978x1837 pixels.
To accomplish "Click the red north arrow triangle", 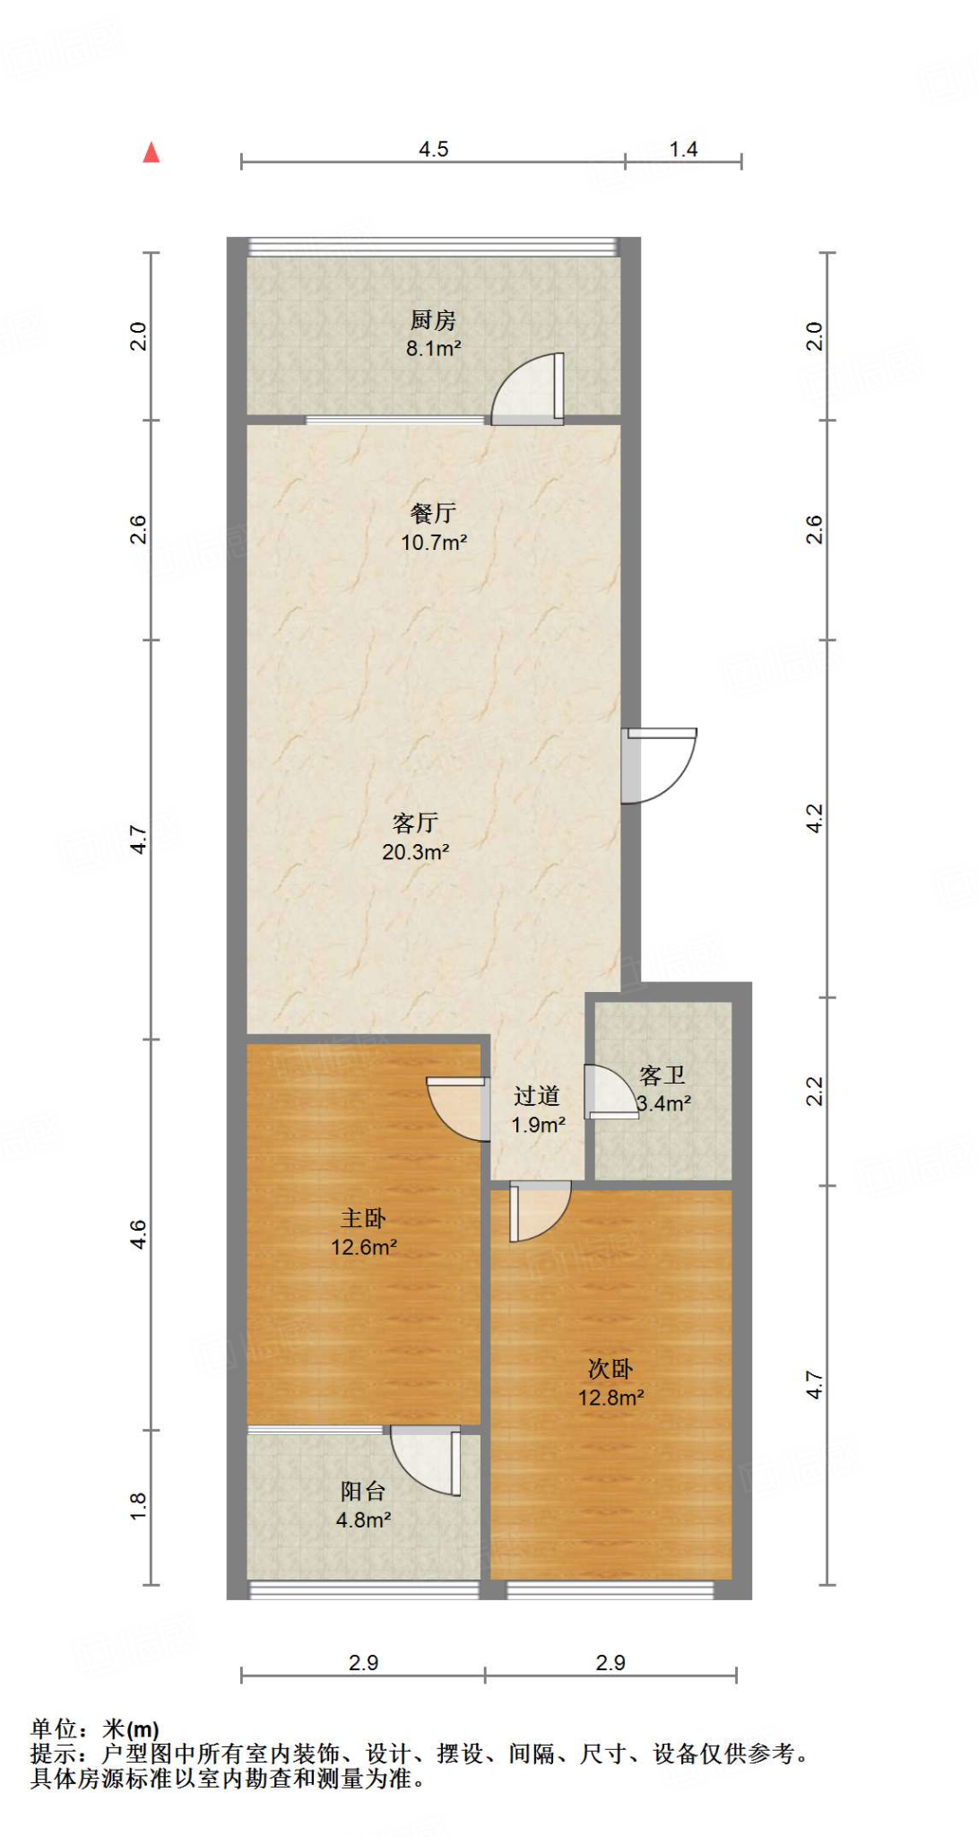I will point(151,153).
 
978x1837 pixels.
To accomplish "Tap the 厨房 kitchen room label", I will point(433,319).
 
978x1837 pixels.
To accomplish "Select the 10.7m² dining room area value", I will point(434,542).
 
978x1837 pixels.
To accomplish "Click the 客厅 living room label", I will point(415,822).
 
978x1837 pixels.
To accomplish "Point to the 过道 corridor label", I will point(536,1095).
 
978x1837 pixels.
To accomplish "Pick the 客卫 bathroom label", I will point(662,1075).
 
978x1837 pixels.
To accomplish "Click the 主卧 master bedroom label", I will point(363,1217).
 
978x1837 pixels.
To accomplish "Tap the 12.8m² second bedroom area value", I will point(610,1397).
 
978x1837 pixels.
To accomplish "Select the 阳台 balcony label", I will point(363,1491).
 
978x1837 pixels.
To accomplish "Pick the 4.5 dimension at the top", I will point(434,149).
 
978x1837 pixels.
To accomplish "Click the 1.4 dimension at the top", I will point(683,149).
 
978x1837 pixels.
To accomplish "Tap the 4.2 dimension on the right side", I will point(813,817).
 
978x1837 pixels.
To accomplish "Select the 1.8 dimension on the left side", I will point(138,1505).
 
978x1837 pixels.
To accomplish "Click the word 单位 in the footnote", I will point(54,1728).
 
